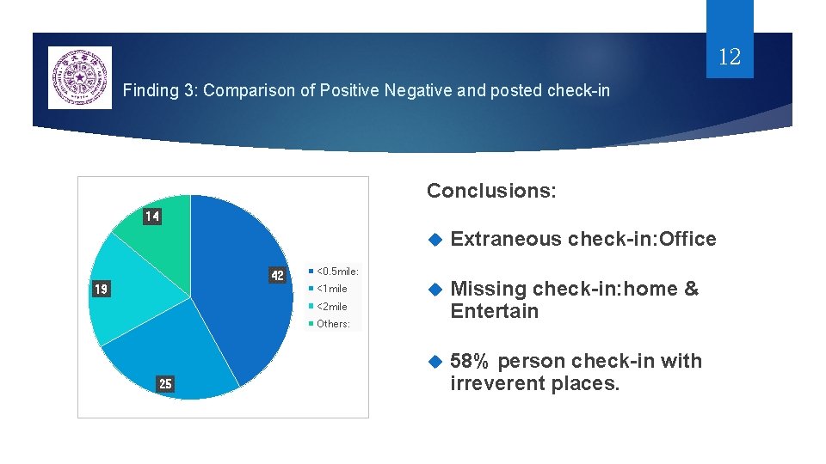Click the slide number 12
[x=729, y=58]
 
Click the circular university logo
[x=80, y=78]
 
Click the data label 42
[x=277, y=276]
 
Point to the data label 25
[x=165, y=384]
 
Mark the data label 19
[x=101, y=290]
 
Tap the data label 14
[x=151, y=217]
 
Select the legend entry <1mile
[x=332, y=289]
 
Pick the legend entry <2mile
[x=332, y=307]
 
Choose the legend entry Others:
[x=333, y=324]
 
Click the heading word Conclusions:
[x=491, y=191]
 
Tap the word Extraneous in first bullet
[x=506, y=240]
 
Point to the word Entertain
[x=495, y=312]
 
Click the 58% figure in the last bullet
[x=470, y=361]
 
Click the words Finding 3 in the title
[x=159, y=89]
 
